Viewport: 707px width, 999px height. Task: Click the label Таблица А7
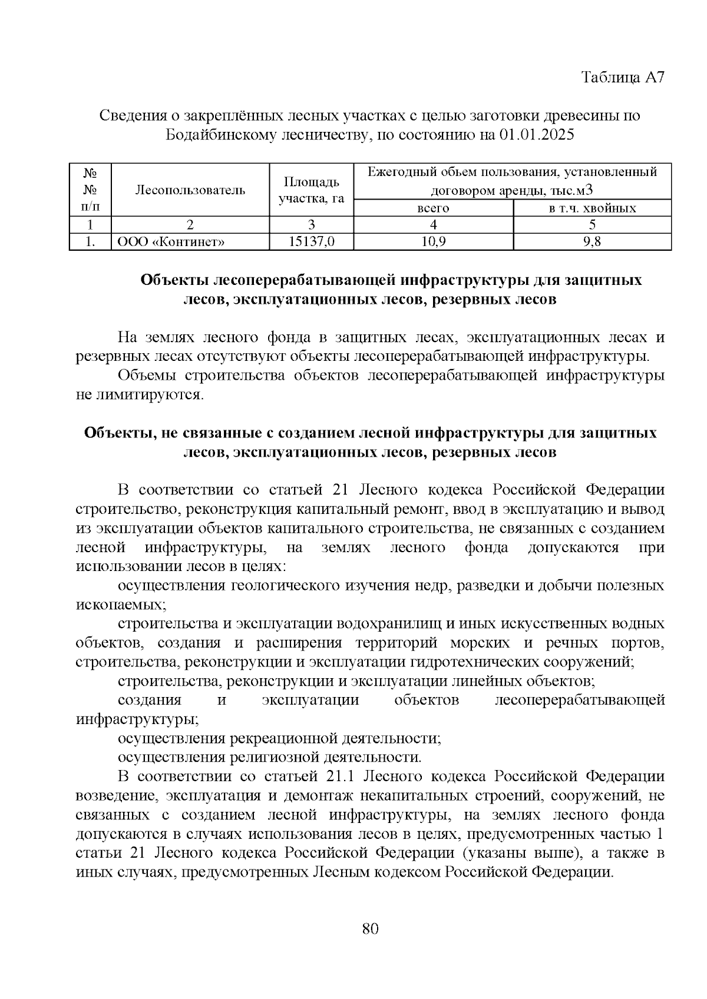coord(623,78)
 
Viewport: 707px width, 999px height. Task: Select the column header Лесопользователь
coord(190,190)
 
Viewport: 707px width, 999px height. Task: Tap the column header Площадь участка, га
coord(311,190)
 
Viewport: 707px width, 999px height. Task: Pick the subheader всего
coord(433,208)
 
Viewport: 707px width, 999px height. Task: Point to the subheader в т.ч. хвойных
coord(592,208)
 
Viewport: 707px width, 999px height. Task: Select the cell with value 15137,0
coord(311,241)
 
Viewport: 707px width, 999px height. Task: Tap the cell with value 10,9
coord(433,241)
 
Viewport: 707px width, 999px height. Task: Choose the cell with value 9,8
coord(592,241)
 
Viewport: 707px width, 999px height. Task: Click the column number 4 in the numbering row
coord(433,224)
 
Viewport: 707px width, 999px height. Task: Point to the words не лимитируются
coord(139,394)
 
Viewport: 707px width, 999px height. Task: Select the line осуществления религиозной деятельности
coord(269,757)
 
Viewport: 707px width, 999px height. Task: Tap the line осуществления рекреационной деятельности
coord(279,738)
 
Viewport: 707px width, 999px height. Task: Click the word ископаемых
coord(120,605)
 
